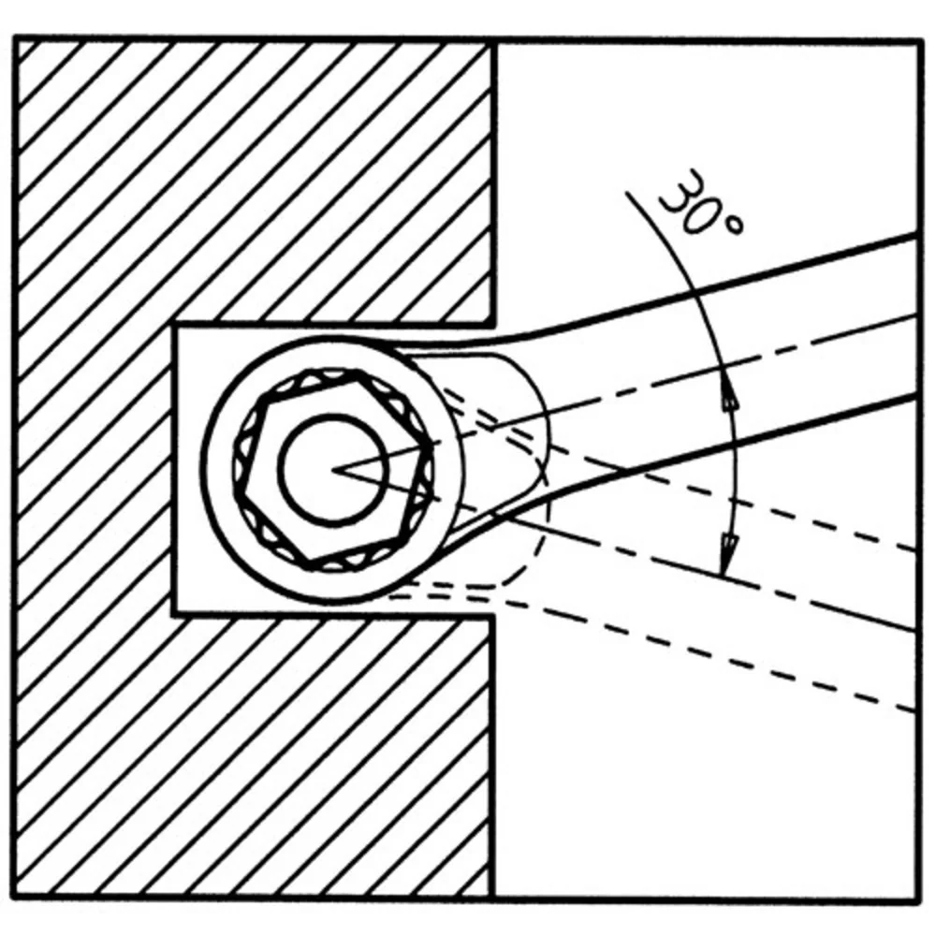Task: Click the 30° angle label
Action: [x=702, y=203]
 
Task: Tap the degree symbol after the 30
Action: [x=734, y=225]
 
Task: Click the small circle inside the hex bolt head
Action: [x=332, y=470]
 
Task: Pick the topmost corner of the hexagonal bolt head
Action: [x=357, y=373]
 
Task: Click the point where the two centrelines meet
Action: [x=332, y=470]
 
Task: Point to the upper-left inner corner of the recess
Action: [x=174, y=326]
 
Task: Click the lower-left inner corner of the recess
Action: [x=174, y=614]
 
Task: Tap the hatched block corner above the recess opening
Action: [x=492, y=326]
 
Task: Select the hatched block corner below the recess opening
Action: [x=492, y=615]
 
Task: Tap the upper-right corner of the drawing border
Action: [x=918, y=40]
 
